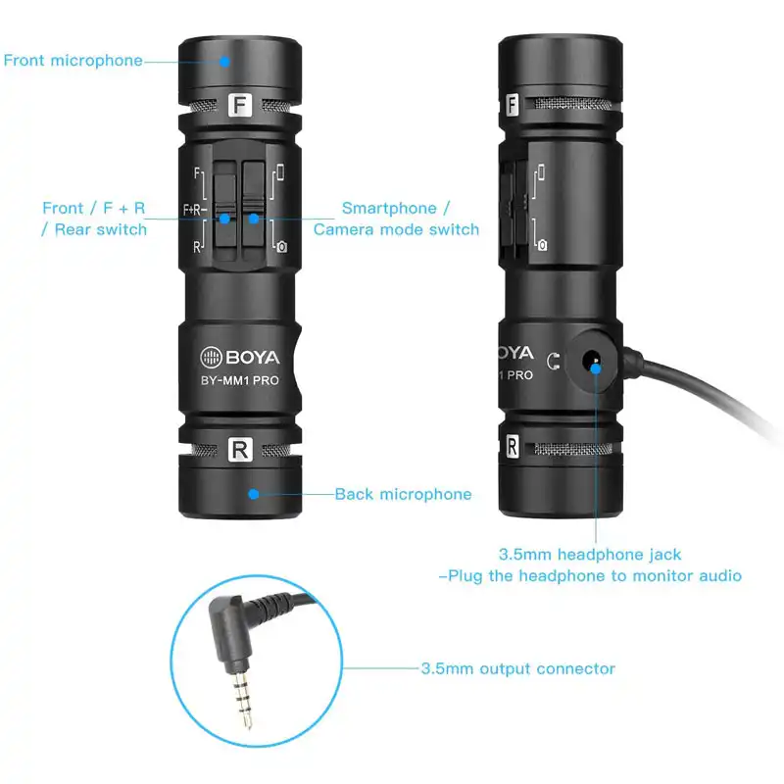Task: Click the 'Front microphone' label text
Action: point(73,61)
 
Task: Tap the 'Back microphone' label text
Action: point(403,494)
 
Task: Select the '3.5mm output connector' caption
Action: point(518,668)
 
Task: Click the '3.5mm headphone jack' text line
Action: point(590,555)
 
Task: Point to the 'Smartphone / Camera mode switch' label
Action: point(396,219)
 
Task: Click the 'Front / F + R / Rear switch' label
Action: point(94,219)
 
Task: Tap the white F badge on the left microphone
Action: point(240,105)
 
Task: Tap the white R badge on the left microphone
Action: point(240,450)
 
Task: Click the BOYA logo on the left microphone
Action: point(240,357)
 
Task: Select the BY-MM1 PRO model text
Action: point(240,380)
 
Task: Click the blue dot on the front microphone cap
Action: point(225,62)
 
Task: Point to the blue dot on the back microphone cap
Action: point(254,494)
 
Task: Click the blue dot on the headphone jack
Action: point(596,369)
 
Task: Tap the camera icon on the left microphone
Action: point(282,247)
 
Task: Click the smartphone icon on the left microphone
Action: point(280,171)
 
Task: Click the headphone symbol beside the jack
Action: point(553,361)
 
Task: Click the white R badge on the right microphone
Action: point(512,447)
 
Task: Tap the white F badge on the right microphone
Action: point(512,105)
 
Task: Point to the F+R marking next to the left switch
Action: point(193,210)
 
